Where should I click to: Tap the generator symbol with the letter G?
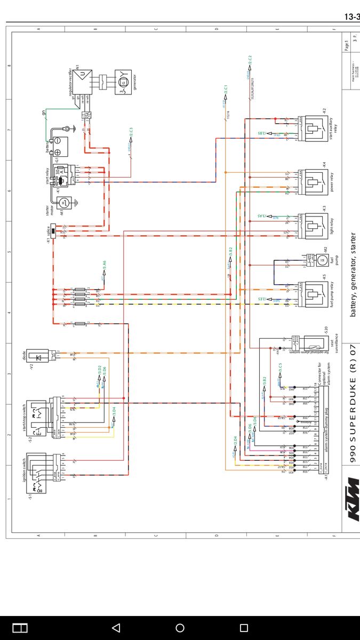[122, 83]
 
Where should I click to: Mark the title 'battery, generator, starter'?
[353, 275]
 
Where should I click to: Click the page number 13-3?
[350, 17]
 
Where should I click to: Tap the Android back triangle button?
[116, 628]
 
